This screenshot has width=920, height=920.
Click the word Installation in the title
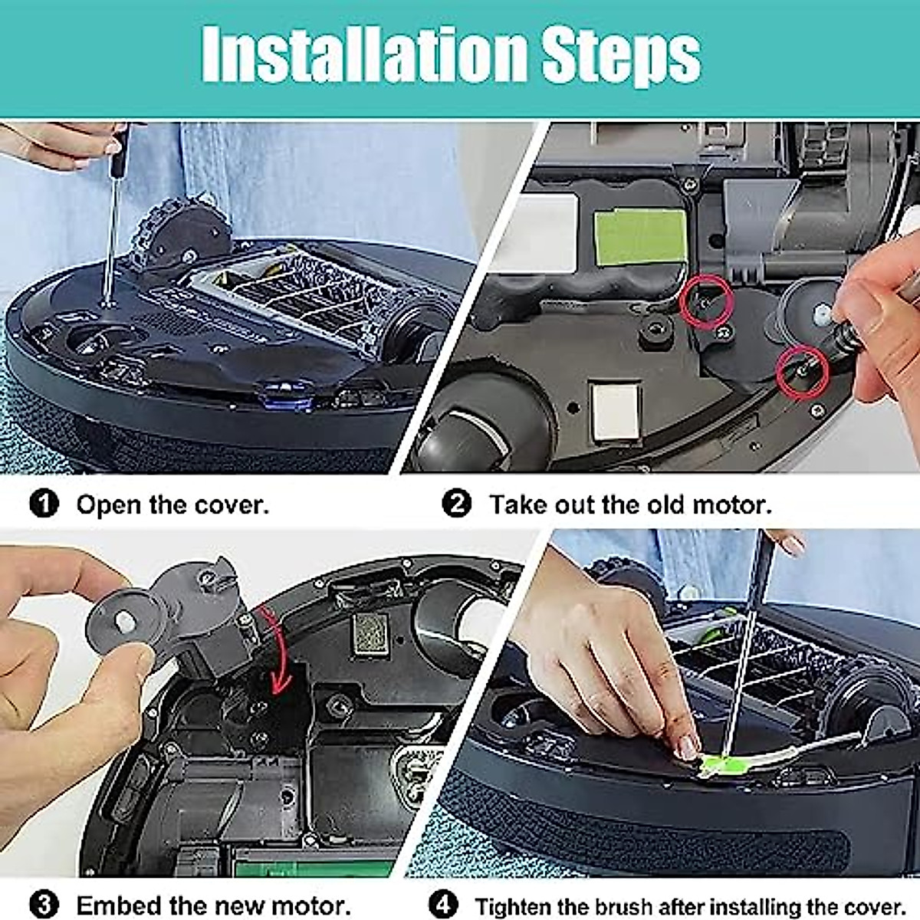tap(365, 55)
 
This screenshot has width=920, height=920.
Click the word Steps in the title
tap(621, 55)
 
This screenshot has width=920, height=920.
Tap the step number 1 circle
tap(44, 504)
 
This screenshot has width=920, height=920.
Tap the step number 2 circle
tap(457, 504)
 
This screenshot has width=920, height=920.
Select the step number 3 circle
tap(44, 905)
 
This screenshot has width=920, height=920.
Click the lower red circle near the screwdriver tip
tap(801, 373)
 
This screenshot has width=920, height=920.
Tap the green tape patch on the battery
tap(641, 236)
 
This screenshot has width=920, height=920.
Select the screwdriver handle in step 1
tap(118, 153)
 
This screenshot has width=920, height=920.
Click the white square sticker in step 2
tap(616, 410)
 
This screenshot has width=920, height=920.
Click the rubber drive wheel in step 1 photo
tap(173, 230)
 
